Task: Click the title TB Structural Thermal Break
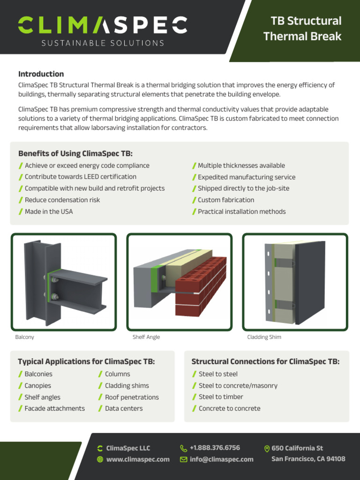pyautogui.click(x=302, y=29)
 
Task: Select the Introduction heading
pyautogui.click(x=41, y=74)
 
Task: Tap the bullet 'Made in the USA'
pyautogui.click(x=48, y=211)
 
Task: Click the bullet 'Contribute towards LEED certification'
pyautogui.click(x=80, y=177)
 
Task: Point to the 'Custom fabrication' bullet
pyautogui.click(x=225, y=200)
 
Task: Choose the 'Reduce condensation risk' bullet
pyautogui.click(x=62, y=200)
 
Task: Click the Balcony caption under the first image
pyautogui.click(x=24, y=337)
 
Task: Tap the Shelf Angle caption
pyautogui.click(x=146, y=337)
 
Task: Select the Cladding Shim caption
pyautogui.click(x=264, y=337)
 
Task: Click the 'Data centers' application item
pyautogui.click(x=124, y=408)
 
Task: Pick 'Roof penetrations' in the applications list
pyautogui.click(x=131, y=397)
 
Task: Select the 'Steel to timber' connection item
pyautogui.click(x=218, y=397)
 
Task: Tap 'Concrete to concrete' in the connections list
pyautogui.click(x=229, y=408)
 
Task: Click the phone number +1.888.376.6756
pyautogui.click(x=215, y=448)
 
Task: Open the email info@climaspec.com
pyautogui.click(x=221, y=459)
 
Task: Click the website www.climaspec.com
pyautogui.click(x=137, y=459)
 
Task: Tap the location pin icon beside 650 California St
pyautogui.click(x=267, y=449)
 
